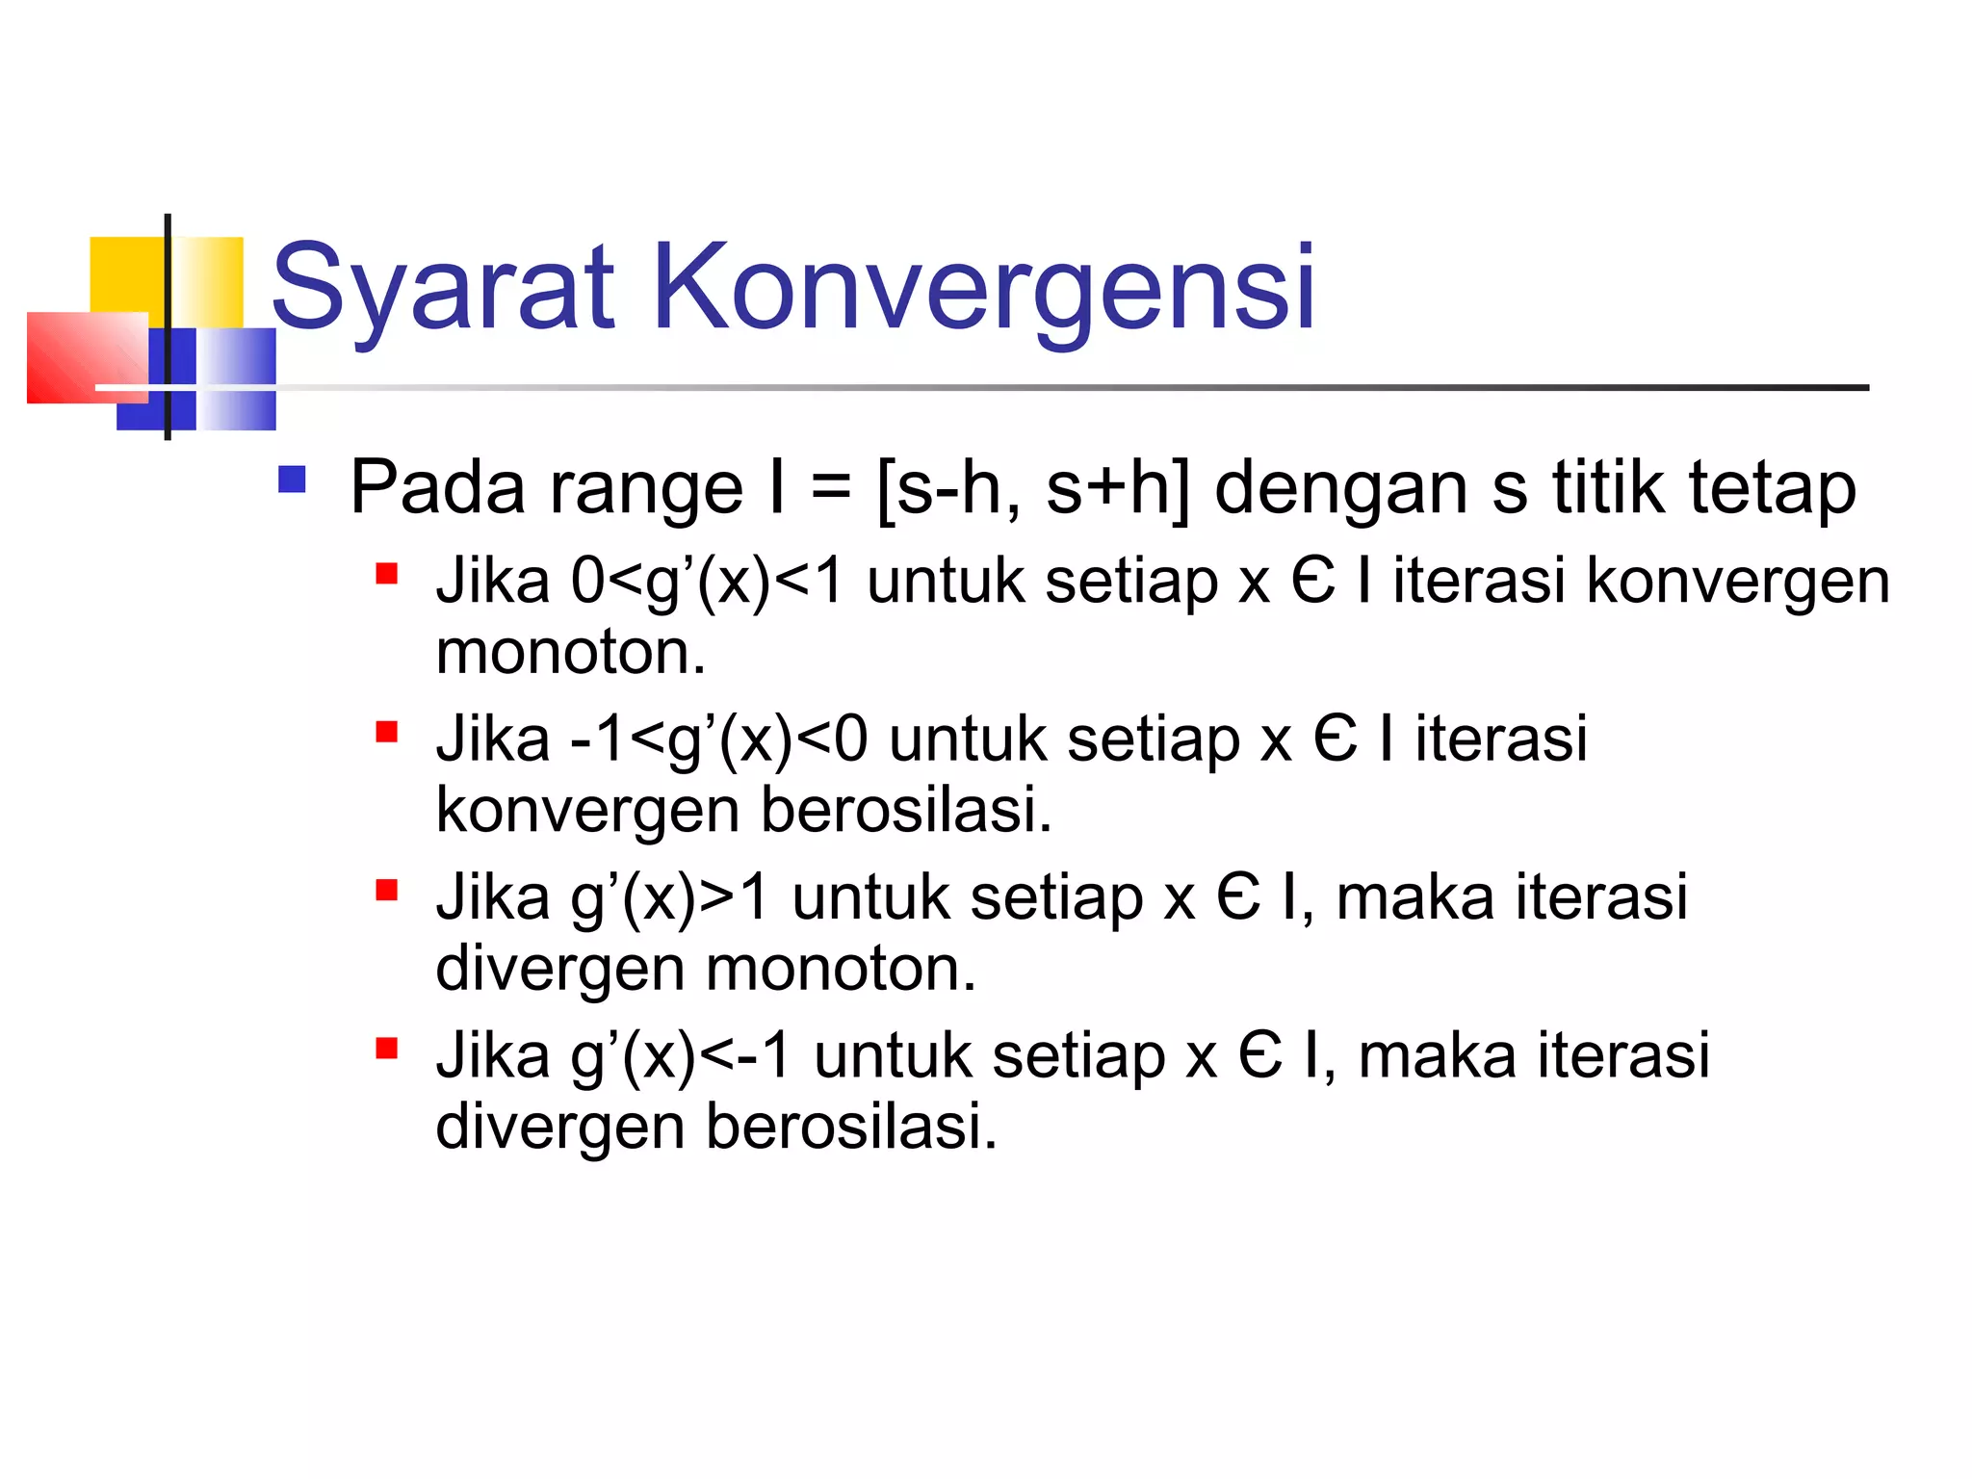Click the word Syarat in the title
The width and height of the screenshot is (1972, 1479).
[x=443, y=289]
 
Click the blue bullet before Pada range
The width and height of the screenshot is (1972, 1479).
[x=292, y=480]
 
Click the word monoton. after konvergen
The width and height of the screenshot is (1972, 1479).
[x=571, y=654]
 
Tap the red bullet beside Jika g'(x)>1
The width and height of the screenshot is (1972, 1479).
[x=387, y=890]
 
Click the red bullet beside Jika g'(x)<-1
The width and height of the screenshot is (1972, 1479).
[x=387, y=1048]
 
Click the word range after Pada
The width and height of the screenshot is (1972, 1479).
[x=646, y=489]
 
